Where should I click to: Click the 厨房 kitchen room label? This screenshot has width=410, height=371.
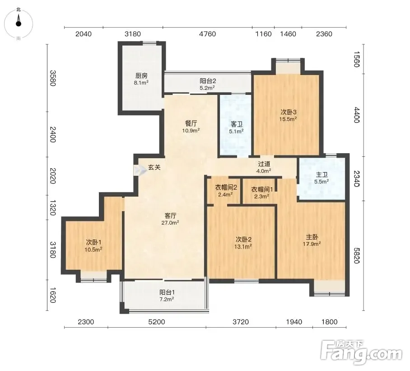(x=141, y=76)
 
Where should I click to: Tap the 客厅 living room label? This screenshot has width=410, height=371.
(x=171, y=216)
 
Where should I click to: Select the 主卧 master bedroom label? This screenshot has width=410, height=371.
(x=312, y=237)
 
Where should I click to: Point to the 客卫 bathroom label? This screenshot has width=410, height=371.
(x=236, y=125)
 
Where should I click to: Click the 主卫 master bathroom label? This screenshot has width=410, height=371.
(x=321, y=175)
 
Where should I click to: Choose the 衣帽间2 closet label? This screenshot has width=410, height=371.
(x=226, y=188)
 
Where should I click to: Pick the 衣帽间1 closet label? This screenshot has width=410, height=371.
(x=262, y=189)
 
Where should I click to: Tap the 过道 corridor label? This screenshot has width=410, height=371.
(x=264, y=164)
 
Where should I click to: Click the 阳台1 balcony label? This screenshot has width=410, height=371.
(x=167, y=292)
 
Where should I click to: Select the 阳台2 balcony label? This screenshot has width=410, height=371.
(x=208, y=81)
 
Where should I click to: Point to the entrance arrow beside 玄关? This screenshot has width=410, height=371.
(x=140, y=170)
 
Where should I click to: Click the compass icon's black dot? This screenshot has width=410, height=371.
(x=19, y=24)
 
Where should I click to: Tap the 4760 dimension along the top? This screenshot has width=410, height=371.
(x=207, y=34)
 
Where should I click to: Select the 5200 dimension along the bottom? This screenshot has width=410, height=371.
(x=157, y=322)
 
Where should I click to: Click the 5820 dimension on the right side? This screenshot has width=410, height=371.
(x=357, y=255)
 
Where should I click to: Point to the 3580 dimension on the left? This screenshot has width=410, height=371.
(x=53, y=78)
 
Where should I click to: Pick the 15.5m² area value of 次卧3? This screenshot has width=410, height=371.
(x=288, y=119)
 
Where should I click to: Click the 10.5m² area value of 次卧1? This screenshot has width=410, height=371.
(x=93, y=249)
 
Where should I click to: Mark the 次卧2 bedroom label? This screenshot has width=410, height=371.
(x=243, y=240)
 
